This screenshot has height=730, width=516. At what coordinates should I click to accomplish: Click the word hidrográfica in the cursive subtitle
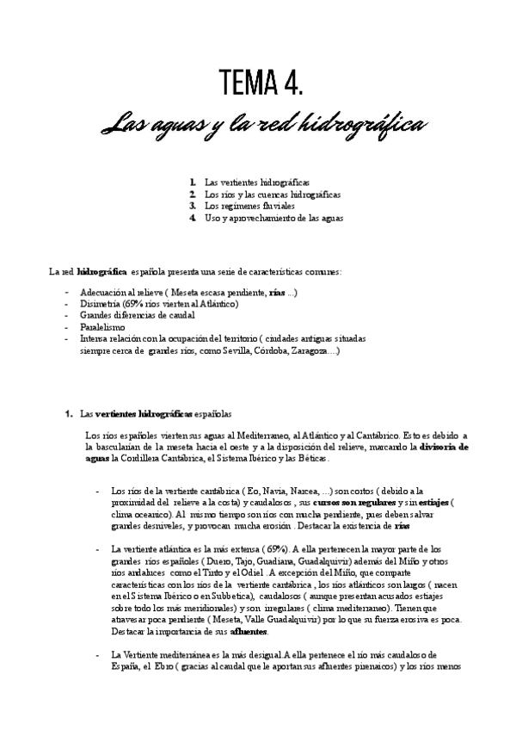pyautogui.click(x=361, y=126)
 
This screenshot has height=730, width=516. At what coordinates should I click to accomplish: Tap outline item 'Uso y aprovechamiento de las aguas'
pyautogui.click(x=273, y=219)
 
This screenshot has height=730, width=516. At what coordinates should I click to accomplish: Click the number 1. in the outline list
pyautogui.click(x=193, y=182)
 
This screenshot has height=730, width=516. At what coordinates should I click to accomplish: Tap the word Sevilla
pyautogui.click(x=234, y=350)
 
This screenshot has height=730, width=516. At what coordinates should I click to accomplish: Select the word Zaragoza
pyautogui.click(x=316, y=350)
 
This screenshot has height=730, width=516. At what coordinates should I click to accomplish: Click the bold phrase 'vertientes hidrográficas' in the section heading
pyautogui.click(x=142, y=413)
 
